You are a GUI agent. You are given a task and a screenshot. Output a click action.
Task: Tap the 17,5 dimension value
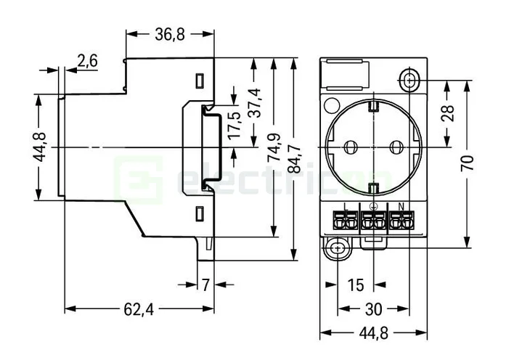point(234,126)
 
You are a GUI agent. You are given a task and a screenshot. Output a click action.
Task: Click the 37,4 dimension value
point(254,107)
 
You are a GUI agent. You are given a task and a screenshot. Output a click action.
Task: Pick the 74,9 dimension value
point(274,147)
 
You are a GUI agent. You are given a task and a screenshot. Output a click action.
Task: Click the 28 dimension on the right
point(448,113)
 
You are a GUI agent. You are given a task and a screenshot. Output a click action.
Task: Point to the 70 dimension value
point(468,163)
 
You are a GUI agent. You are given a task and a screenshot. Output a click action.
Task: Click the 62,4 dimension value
point(138,309)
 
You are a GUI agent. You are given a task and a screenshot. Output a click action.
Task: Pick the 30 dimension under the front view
point(373,309)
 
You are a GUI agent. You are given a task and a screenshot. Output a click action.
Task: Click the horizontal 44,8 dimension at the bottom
point(373,333)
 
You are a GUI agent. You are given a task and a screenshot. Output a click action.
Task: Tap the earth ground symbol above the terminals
point(373,205)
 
